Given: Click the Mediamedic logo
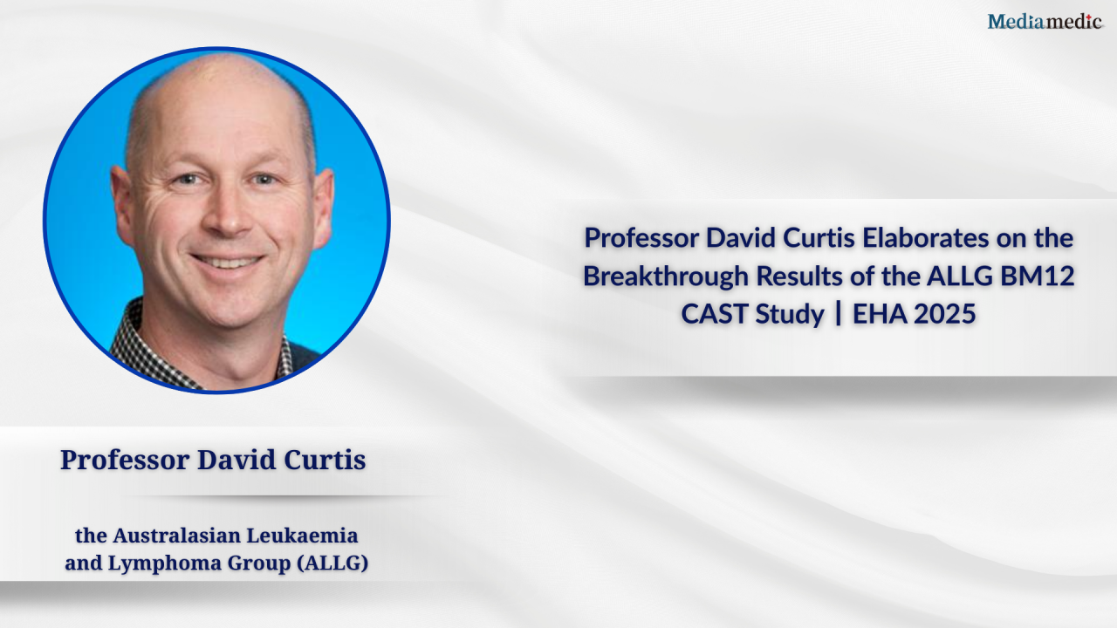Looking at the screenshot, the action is coord(1045,22).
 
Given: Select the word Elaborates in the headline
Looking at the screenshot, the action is coord(926,238).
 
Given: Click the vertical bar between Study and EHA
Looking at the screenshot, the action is coord(839,314).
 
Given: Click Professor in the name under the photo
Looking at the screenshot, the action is coord(125,460).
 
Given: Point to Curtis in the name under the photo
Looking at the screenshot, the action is coord(325,460).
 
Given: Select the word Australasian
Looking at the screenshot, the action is coord(176,536).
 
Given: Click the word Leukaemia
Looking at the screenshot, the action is coord(302,536).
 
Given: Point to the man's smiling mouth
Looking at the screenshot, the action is coord(228,261).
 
